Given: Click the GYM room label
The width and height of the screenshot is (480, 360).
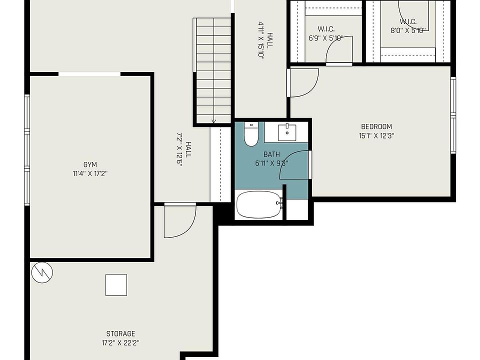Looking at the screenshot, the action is tap(90, 164).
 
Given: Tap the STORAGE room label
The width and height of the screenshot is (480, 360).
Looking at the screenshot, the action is tap(120, 333).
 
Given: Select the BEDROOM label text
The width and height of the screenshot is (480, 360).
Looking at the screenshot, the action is tap(376, 126).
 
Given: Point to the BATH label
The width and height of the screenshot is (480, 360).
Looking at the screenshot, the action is tap(271, 154).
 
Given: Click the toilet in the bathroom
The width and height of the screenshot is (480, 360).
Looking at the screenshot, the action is tap(251, 134).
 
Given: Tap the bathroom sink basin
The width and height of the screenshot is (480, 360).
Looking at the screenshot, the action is tap(287, 132).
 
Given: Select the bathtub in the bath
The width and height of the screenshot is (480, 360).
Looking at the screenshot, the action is tap(259, 204).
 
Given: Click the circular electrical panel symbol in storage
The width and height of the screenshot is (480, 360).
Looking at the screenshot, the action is tap(42, 272).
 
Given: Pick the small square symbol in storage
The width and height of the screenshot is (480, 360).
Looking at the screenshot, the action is tap(116, 285).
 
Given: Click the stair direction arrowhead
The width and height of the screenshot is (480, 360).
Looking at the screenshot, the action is tap(213, 121).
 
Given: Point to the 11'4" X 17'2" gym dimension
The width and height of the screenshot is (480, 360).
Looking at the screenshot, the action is tap(90, 174).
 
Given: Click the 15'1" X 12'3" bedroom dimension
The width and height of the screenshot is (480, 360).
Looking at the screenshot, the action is tap(376, 135).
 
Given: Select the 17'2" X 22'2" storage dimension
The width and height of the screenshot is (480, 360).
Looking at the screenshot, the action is tap(120, 342).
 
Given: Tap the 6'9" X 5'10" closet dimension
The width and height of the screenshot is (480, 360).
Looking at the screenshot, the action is tap(326, 38).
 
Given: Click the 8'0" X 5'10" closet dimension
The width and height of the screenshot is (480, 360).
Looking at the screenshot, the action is tap(408, 30).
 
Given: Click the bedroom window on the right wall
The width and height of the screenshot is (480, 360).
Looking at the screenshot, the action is tap(453, 115).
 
